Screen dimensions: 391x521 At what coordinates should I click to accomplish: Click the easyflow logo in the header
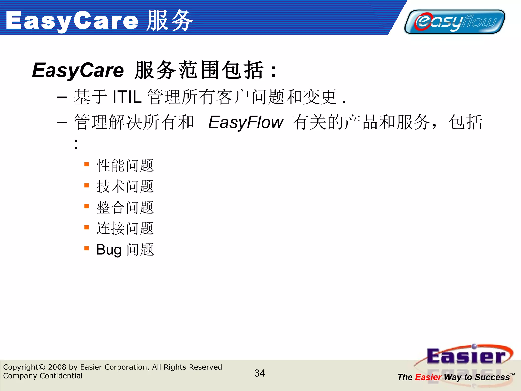(x=455, y=22)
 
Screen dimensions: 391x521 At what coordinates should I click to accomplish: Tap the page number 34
(x=259, y=373)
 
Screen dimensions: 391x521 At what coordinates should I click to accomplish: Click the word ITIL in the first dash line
(x=127, y=97)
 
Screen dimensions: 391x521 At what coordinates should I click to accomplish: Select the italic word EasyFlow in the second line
(x=245, y=122)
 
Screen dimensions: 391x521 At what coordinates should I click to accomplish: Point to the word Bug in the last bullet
(x=109, y=250)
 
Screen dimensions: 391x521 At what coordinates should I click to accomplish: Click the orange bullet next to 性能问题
(x=87, y=164)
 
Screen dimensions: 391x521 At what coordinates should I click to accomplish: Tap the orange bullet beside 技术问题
(x=87, y=185)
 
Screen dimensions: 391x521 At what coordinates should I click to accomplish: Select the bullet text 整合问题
(x=125, y=207)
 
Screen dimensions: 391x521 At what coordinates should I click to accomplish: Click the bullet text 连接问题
(x=125, y=228)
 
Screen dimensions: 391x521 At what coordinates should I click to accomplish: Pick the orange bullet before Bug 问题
(x=87, y=248)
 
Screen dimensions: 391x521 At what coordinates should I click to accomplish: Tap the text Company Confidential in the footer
(x=43, y=376)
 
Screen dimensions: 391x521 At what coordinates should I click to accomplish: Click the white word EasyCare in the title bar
(x=72, y=21)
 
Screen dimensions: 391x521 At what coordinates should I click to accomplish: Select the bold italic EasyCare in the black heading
(x=78, y=70)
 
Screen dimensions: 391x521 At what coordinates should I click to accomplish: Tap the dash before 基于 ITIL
(x=62, y=97)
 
